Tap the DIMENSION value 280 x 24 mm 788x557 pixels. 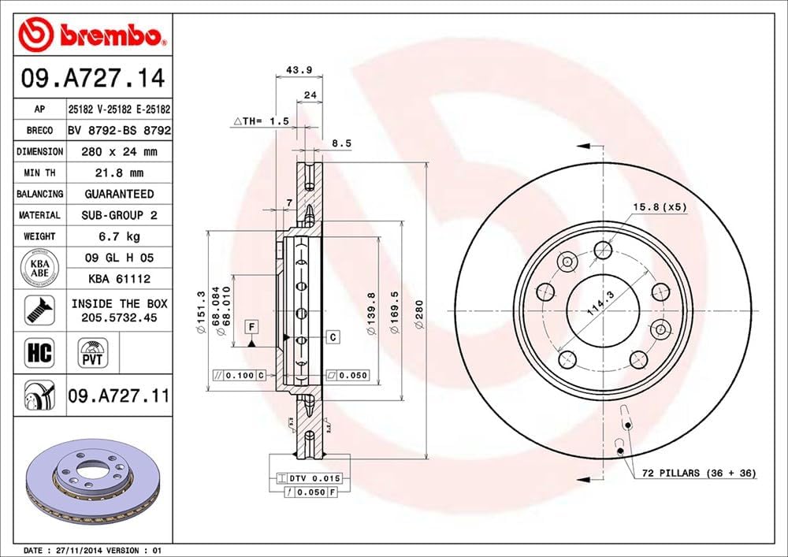click(119, 151)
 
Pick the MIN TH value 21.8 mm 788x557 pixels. click(119, 173)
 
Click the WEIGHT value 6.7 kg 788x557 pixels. click(119, 236)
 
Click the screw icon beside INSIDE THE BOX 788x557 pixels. click(39, 310)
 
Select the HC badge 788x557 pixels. click(39, 352)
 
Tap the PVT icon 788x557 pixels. click(92, 352)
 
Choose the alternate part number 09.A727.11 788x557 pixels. click(119, 395)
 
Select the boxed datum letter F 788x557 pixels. click(251, 326)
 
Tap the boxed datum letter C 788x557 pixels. click(333, 337)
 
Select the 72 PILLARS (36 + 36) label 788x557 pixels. click(697, 473)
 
